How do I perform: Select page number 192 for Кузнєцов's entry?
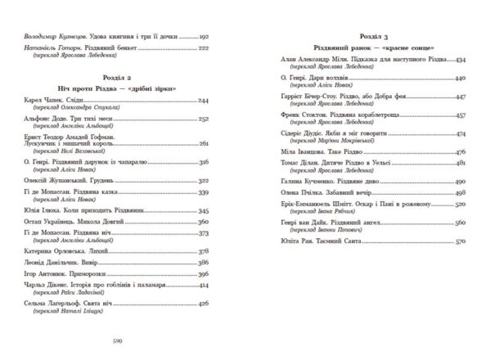[205, 38]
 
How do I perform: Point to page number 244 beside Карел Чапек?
[205, 100]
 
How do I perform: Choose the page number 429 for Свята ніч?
[205, 326]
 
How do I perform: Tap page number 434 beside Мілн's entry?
[459, 61]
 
